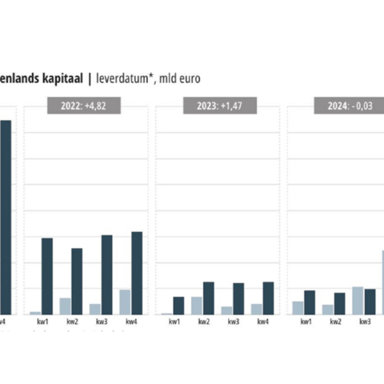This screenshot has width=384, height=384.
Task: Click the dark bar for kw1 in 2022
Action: pos(47,276)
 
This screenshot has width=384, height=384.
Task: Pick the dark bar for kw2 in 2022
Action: pos(77,281)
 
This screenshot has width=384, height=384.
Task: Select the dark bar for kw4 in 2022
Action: pos(137,273)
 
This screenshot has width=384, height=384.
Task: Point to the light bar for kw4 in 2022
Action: pos(125,302)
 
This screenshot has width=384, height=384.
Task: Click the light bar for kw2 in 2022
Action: pos(65,306)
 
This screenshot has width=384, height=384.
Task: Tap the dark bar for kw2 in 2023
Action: pos(209,298)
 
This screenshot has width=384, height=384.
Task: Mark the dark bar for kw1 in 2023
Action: pos(179,305)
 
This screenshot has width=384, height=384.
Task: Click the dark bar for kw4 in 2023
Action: pos(268,298)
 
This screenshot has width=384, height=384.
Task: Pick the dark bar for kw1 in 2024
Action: pos(310,302)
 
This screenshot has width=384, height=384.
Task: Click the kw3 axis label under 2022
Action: pos(102,322)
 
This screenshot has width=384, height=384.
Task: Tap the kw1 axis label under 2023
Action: pos(174,322)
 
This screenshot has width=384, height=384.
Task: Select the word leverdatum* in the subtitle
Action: pos(126,78)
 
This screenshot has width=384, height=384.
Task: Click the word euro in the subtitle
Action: pos(188,78)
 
